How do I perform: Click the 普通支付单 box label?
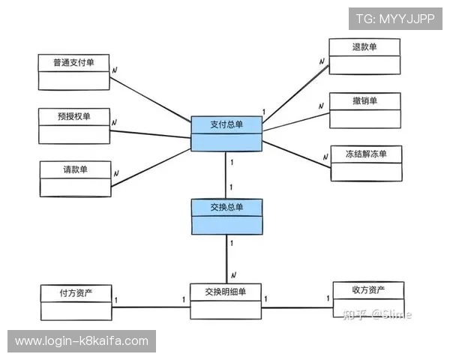pos(73,63)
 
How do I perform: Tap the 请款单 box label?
pos(75,169)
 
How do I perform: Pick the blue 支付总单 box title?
pos(226,124)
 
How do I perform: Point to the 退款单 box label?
pos(364,47)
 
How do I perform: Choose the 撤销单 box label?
pos(364,101)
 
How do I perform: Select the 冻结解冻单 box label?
pos(366,154)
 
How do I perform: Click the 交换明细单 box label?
pos(225,291)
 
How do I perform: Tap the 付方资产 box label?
pos(76,291)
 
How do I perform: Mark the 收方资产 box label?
pos(368,290)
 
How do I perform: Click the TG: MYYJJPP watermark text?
pos(395,18)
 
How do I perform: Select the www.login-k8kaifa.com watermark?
pos(81,341)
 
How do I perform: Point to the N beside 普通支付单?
pos(114,70)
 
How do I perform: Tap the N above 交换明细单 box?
pos(233,274)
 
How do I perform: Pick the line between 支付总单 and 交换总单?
pos(226,175)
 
